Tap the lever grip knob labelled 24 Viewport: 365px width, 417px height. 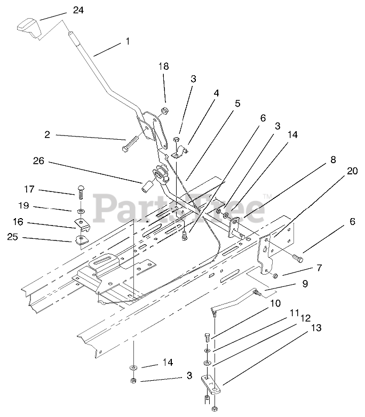tap(29, 27)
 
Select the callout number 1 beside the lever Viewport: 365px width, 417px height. tap(128, 40)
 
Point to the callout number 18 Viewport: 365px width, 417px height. tap(163, 66)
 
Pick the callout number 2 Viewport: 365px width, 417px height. tap(47, 135)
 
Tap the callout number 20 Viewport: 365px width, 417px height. tap(352, 171)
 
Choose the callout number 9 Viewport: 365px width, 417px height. tap(305, 284)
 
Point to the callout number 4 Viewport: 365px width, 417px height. tap(216, 92)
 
